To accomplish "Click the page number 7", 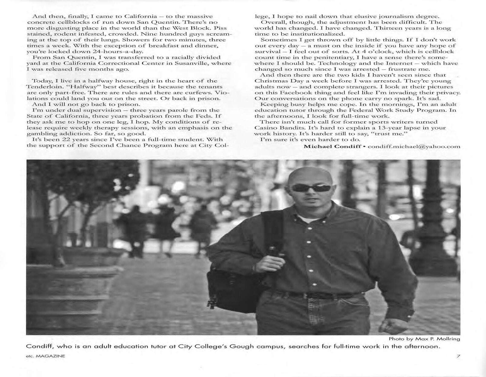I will tap(458, 356).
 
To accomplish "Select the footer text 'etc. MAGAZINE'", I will tap(46, 356).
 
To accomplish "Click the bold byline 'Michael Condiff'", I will tap(332, 146).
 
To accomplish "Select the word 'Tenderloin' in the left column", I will tap(44, 87).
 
